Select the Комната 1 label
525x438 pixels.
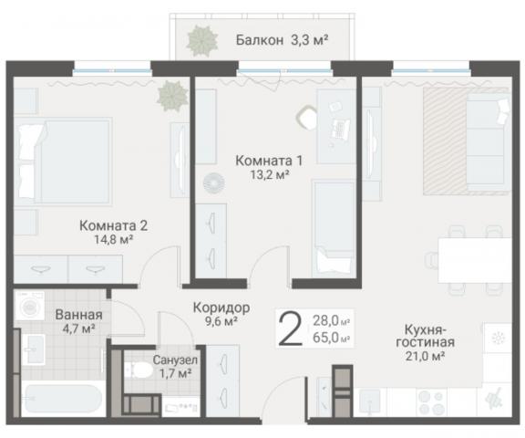[x=269, y=161]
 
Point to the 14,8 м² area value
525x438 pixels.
[x=113, y=241]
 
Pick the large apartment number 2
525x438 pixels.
[x=290, y=328]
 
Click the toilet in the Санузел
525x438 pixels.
[x=140, y=371]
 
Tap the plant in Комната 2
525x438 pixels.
[x=169, y=93]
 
